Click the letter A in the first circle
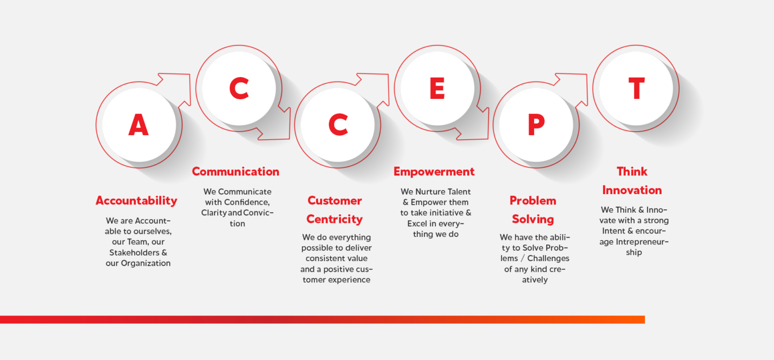pos(139,125)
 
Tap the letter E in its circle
pos(437,88)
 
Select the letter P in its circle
pos(536,125)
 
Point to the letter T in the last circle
pos(636,88)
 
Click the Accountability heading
pos(137,201)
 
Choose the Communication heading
pos(236,171)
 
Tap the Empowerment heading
pos(434,171)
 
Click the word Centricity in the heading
pos(335,219)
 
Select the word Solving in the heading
pos(533,219)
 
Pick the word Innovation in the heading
pos(632,190)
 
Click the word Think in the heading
pos(632,171)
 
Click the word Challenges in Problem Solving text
pos(548,258)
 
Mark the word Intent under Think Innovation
pos(613,231)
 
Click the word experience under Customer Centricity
pos(349,280)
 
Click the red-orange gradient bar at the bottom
pos(322,320)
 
